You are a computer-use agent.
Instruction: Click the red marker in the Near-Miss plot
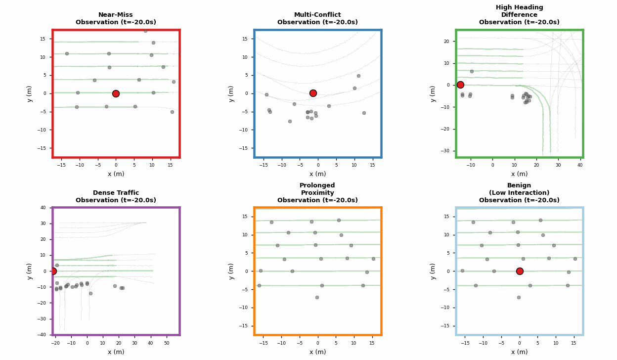coord(116,93)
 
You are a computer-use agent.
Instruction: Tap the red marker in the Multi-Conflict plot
coord(313,93)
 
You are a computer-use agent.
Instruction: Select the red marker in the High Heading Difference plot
coord(460,85)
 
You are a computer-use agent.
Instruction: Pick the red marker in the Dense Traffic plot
coord(53,271)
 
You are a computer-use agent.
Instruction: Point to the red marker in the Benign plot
coord(520,271)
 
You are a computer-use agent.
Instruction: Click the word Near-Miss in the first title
coord(116,15)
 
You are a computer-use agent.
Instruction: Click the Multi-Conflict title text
coord(317,15)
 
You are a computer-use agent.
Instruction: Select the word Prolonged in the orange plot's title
coord(317,185)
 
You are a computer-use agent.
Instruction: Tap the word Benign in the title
coord(519,185)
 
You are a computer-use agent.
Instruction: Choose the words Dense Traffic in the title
coord(116,193)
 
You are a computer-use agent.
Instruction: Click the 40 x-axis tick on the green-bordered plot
coord(580,165)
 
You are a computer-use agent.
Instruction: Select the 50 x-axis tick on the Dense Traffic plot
coord(167,343)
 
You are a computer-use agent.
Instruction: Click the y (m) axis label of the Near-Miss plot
coord(30,93)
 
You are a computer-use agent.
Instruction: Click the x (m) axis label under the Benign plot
coord(519,352)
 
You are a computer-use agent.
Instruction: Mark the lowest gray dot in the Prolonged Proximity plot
coord(317,297)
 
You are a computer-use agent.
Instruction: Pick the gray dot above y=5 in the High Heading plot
coord(472,71)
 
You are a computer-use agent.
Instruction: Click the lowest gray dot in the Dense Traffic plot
coord(90,293)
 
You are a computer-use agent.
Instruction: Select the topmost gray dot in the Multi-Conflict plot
coord(358,76)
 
